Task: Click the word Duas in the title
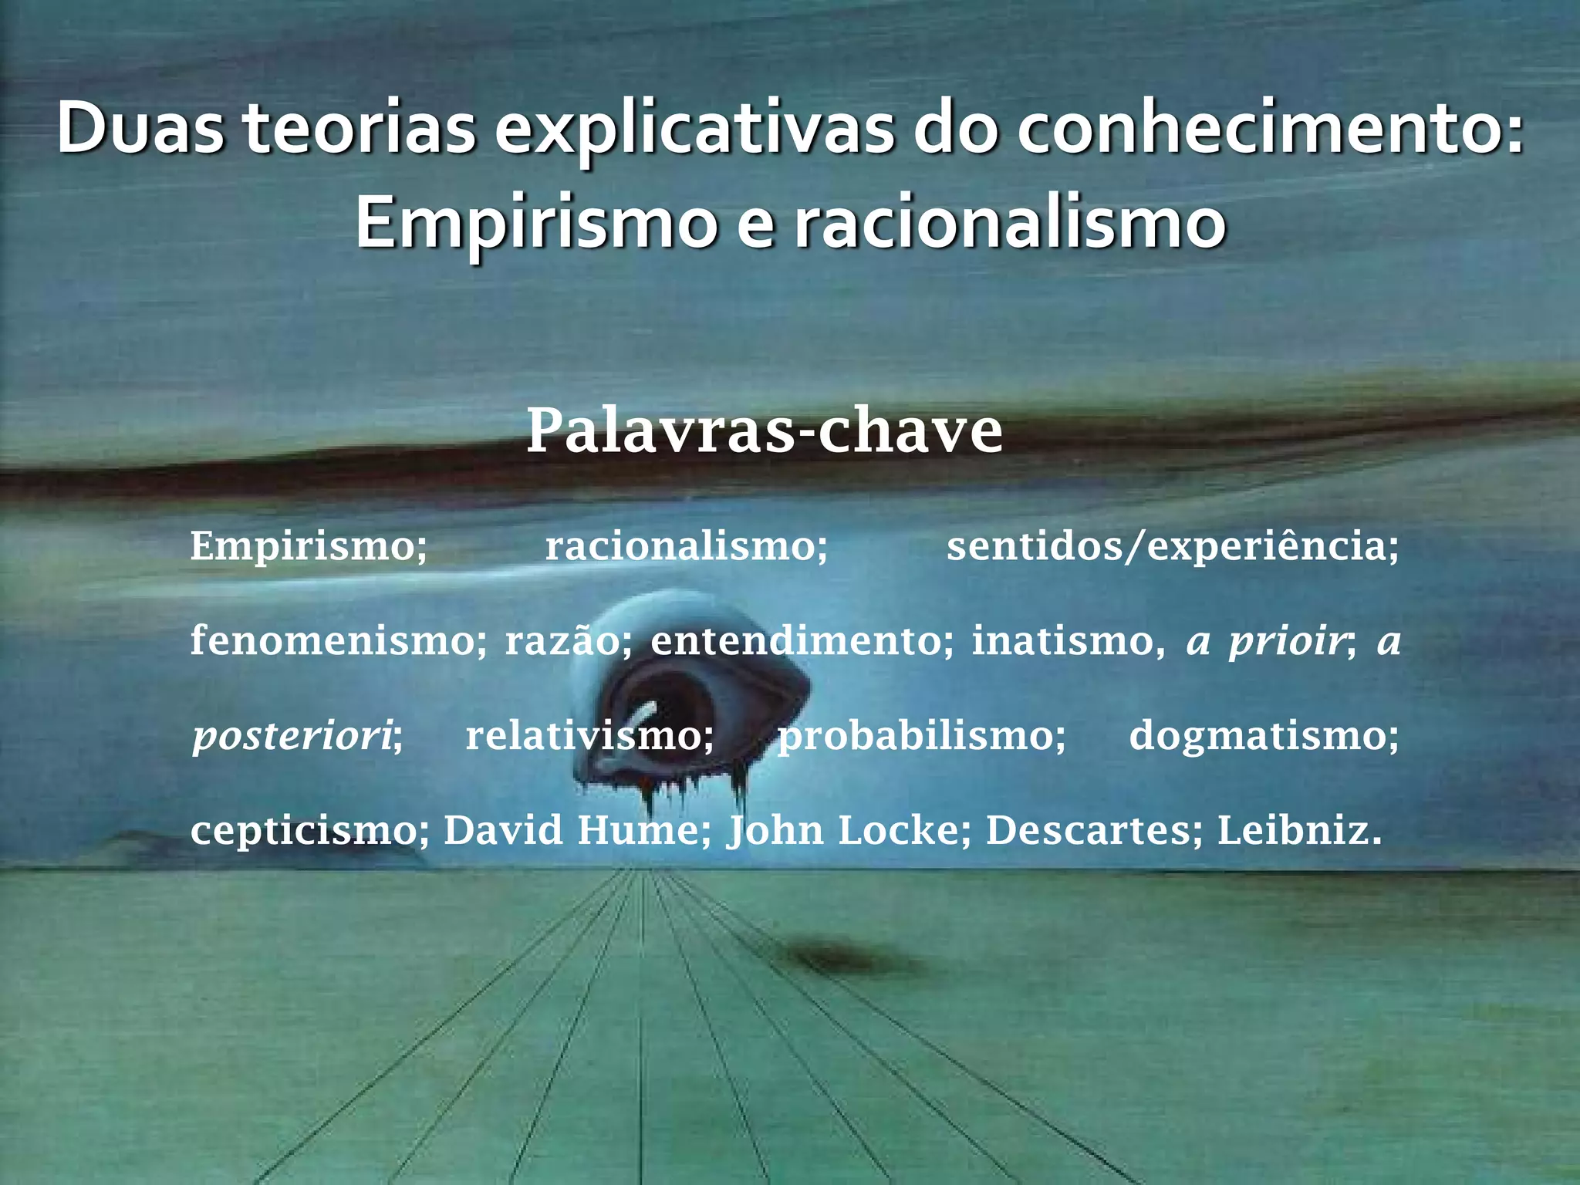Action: point(140,128)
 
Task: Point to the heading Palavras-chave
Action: point(764,430)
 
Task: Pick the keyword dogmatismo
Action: point(1262,736)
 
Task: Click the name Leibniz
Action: point(1298,830)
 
